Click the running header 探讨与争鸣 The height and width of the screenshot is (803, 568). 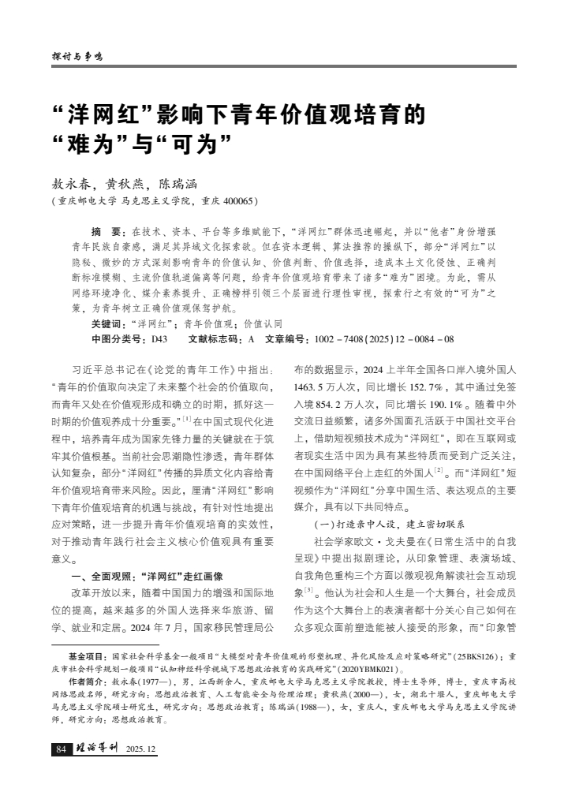pos(77,57)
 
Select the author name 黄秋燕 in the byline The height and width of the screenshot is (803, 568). pos(126,183)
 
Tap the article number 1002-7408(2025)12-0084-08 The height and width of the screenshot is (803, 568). pos(383,338)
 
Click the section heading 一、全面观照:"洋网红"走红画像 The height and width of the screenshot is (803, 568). pos(148,575)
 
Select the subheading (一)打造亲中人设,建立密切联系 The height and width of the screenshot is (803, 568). pos(389,524)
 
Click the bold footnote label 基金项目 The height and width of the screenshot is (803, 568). pos(86,655)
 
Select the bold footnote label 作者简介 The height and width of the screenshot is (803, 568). pos(86,680)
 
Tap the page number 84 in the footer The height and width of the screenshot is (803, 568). pos(60,748)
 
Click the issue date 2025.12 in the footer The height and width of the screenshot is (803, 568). pos(140,749)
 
